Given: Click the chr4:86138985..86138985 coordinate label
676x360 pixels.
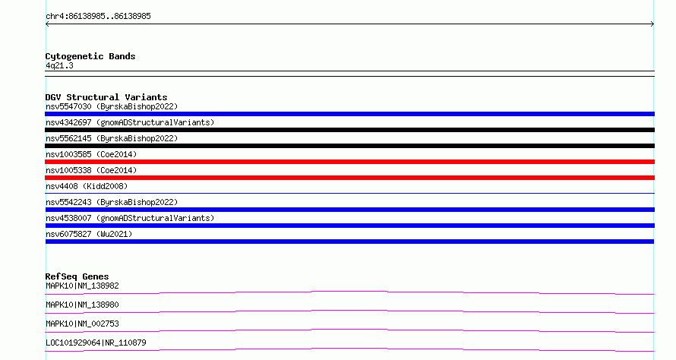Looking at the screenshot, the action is (98, 17).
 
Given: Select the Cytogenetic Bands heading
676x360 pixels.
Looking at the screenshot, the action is (90, 56).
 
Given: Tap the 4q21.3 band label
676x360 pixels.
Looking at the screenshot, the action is (59, 65).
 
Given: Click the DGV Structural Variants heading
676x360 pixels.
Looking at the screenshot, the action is (106, 97).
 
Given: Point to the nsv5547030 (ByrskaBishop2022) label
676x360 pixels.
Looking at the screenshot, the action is (112, 106).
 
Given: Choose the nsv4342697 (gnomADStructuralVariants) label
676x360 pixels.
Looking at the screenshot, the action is (130, 122).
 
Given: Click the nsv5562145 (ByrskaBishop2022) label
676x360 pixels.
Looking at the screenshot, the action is (112, 138).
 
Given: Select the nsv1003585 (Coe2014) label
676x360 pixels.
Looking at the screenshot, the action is (91, 154).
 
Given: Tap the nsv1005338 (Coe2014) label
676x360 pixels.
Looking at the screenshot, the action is (91, 170).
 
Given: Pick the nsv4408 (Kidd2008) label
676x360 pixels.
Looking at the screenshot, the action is (87, 186).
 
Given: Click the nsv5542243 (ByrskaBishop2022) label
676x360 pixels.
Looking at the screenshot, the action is (112, 202).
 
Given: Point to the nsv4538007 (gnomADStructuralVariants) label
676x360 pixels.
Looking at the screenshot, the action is (130, 218).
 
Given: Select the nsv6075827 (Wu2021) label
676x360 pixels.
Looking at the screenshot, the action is (89, 234).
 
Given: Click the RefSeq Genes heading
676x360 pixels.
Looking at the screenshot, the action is (77, 276).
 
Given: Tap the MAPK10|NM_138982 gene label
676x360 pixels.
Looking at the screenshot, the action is (82, 286).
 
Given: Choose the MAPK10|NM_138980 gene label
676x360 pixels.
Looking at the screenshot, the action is (82, 305).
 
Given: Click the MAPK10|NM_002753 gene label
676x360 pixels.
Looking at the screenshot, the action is (82, 324).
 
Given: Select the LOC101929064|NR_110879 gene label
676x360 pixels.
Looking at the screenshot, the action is (96, 343).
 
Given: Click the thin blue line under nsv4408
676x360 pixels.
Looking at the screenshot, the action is (349, 193).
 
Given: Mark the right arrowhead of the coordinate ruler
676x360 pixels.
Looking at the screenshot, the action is (653, 24).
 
